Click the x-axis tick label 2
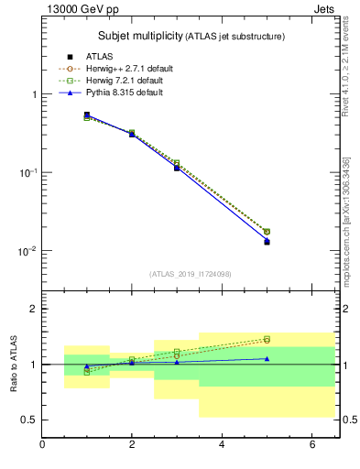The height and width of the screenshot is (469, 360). (x=132, y=445)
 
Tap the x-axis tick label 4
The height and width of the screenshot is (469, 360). (x=222, y=445)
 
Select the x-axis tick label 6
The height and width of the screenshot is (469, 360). (x=311, y=445)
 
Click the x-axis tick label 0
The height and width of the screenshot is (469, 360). (x=42, y=445)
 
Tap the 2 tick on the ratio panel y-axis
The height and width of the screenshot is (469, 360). (x=32, y=309)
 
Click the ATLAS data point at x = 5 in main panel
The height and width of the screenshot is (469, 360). (x=267, y=242)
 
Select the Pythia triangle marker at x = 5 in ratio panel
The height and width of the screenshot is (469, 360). (x=267, y=358)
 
